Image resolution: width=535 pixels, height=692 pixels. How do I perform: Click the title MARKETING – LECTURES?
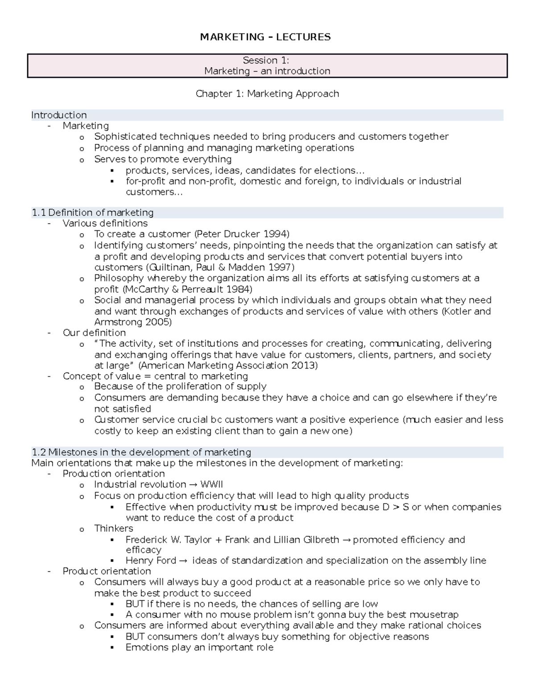(265, 37)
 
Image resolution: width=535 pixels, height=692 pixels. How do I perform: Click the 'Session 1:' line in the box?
(266, 60)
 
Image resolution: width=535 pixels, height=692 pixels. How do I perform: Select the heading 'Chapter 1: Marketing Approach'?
(267, 94)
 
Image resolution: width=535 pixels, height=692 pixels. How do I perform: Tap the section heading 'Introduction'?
(59, 115)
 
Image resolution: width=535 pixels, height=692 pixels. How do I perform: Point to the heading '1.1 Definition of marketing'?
(93, 213)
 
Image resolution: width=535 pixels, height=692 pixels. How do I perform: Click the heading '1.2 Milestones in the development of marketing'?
(141, 452)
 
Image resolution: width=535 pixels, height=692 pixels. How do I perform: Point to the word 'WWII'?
(211, 484)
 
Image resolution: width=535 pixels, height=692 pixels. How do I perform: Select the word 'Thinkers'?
(114, 528)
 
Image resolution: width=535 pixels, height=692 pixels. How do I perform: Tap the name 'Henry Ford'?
(151, 561)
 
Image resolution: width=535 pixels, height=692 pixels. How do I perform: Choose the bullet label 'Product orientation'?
(107, 571)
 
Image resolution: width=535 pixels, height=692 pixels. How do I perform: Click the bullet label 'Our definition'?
(94, 333)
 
